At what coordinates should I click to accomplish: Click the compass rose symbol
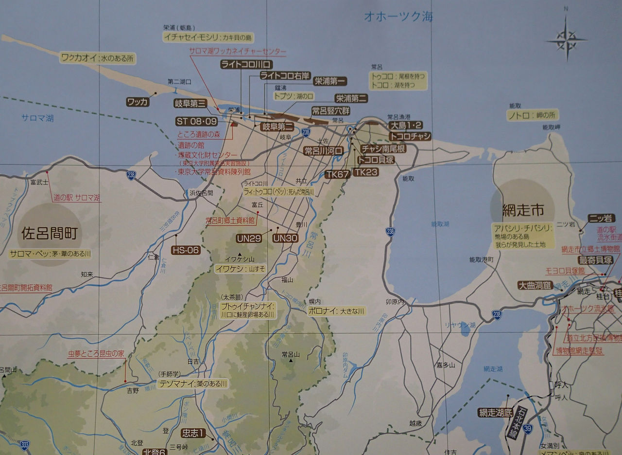click(567, 39)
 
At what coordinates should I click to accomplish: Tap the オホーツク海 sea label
click(398, 17)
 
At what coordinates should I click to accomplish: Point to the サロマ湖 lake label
click(37, 118)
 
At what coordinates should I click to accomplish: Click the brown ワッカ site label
click(138, 102)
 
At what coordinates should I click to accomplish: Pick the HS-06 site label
click(186, 250)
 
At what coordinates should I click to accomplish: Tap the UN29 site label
click(249, 238)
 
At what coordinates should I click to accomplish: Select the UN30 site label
click(285, 238)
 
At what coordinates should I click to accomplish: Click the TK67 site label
click(337, 174)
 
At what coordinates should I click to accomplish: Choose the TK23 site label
click(365, 172)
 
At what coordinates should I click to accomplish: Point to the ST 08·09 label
click(197, 121)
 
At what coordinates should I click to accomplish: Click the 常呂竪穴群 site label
click(330, 111)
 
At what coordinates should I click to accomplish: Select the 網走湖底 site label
click(495, 413)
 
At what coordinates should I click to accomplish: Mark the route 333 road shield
click(25, 445)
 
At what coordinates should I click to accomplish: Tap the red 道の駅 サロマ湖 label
click(77, 198)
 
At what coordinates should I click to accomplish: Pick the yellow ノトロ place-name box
click(533, 115)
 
